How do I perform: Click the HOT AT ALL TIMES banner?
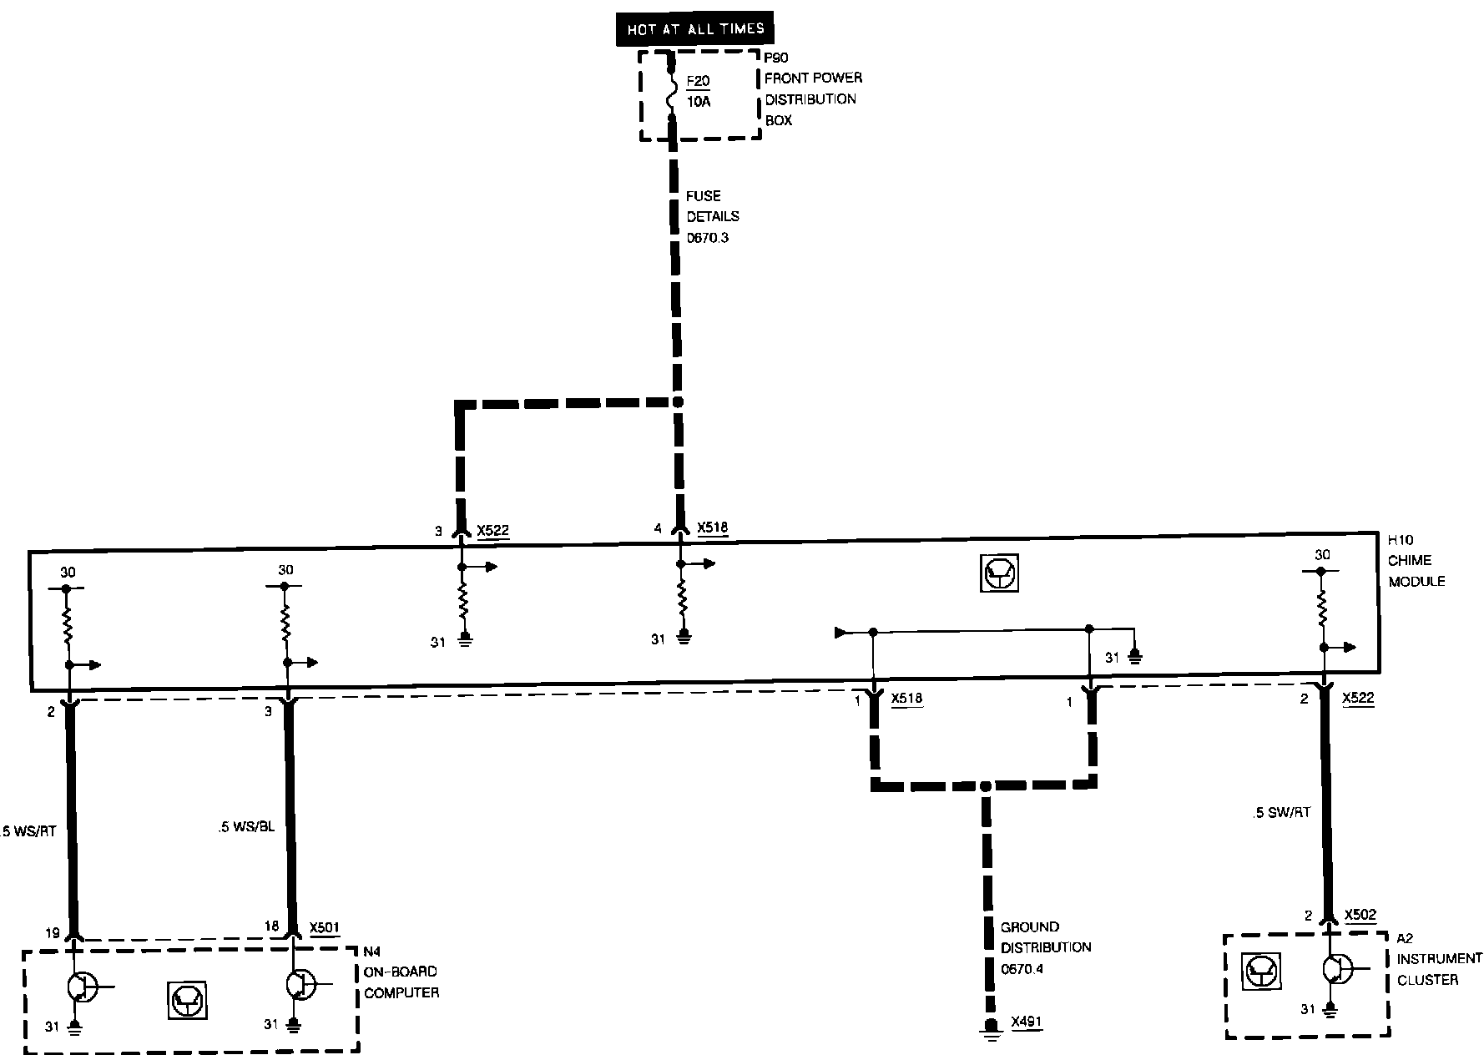(695, 29)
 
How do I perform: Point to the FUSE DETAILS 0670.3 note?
(712, 217)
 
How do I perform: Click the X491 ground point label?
(1026, 1022)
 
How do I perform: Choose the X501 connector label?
(324, 927)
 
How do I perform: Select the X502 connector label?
(1360, 915)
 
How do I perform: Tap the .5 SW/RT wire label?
(1281, 812)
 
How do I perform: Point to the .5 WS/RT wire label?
(29, 830)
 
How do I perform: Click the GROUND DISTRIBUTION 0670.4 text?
(1045, 947)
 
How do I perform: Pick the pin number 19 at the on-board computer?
(53, 933)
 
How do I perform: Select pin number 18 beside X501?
(271, 926)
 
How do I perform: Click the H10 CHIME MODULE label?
(1416, 561)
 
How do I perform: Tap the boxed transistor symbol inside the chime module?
(999, 573)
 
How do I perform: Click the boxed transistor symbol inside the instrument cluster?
(1261, 971)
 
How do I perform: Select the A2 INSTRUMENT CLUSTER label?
(1439, 959)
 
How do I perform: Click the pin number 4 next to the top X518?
(659, 528)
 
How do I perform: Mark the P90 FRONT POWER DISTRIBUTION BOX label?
(813, 88)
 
